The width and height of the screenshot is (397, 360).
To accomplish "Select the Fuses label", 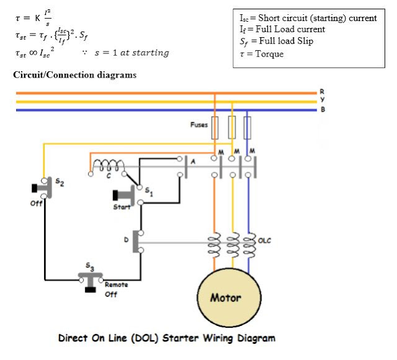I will pyautogui.click(x=199, y=125).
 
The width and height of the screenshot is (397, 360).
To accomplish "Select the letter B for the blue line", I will pyautogui.click(x=321, y=110).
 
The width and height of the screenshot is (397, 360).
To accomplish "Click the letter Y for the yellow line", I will pyautogui.click(x=321, y=100).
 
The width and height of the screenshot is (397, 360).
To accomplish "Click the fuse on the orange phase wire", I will pyautogui.click(x=215, y=128).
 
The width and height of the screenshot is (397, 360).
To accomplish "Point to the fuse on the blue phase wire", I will pyautogui.click(x=248, y=128).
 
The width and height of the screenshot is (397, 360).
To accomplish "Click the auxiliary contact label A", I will pyautogui.click(x=194, y=161).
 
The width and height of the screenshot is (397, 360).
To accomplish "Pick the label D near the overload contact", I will pyautogui.click(x=127, y=240).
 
